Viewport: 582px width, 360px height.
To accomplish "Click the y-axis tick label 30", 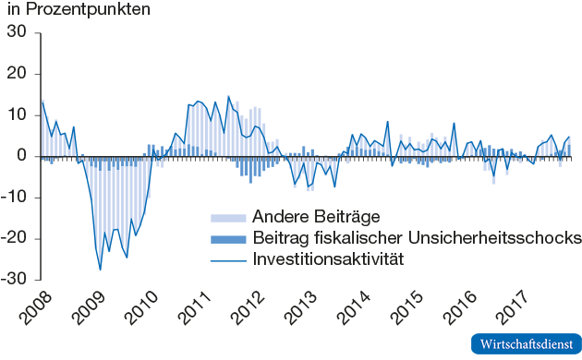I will [18, 32].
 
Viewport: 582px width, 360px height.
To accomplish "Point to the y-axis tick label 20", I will [18, 74].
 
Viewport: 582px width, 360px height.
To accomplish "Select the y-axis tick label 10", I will [18, 115].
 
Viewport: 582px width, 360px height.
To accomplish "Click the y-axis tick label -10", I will [16, 198].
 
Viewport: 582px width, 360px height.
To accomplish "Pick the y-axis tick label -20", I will [16, 239].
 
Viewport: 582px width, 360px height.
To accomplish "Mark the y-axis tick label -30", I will [16, 280].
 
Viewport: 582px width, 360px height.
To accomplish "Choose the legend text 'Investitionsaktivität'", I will [328, 260].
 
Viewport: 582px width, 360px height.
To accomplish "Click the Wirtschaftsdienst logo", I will [525, 342].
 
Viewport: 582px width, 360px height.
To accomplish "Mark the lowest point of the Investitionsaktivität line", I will [101, 270].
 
